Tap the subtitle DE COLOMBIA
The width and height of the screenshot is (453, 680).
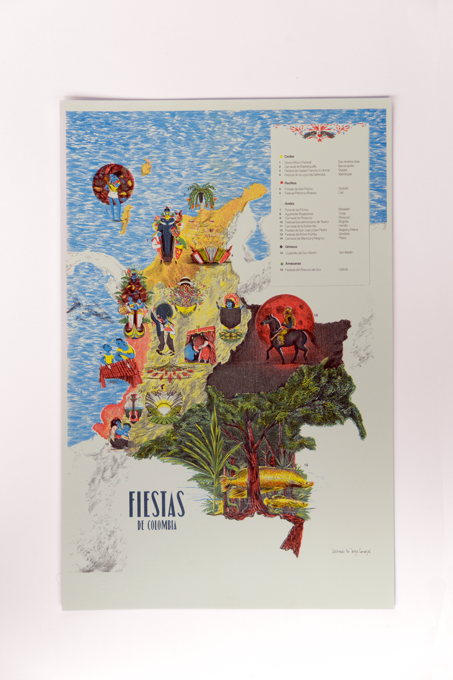(157, 525)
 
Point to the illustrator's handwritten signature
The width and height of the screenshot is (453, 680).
(354, 551)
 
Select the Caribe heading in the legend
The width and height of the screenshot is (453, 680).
(289, 156)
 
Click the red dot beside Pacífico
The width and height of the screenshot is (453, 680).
(281, 184)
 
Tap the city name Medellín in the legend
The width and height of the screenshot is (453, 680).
(345, 209)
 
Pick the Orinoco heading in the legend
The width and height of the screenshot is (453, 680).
(292, 246)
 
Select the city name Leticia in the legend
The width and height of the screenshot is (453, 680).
(343, 269)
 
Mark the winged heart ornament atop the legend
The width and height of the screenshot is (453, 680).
(320, 132)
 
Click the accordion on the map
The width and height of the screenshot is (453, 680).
(211, 253)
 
